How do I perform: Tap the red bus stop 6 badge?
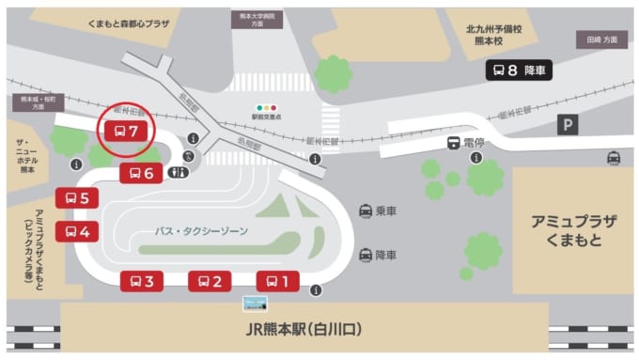142,172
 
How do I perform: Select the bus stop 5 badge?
77,198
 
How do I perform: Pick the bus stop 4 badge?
77,231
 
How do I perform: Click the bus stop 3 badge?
142,280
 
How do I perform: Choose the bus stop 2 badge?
210,280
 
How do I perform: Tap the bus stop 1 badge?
277,280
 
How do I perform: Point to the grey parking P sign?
567,124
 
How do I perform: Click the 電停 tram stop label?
465,143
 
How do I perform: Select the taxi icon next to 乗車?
365,211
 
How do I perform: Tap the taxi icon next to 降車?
365,255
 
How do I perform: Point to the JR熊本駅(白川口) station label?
304,330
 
